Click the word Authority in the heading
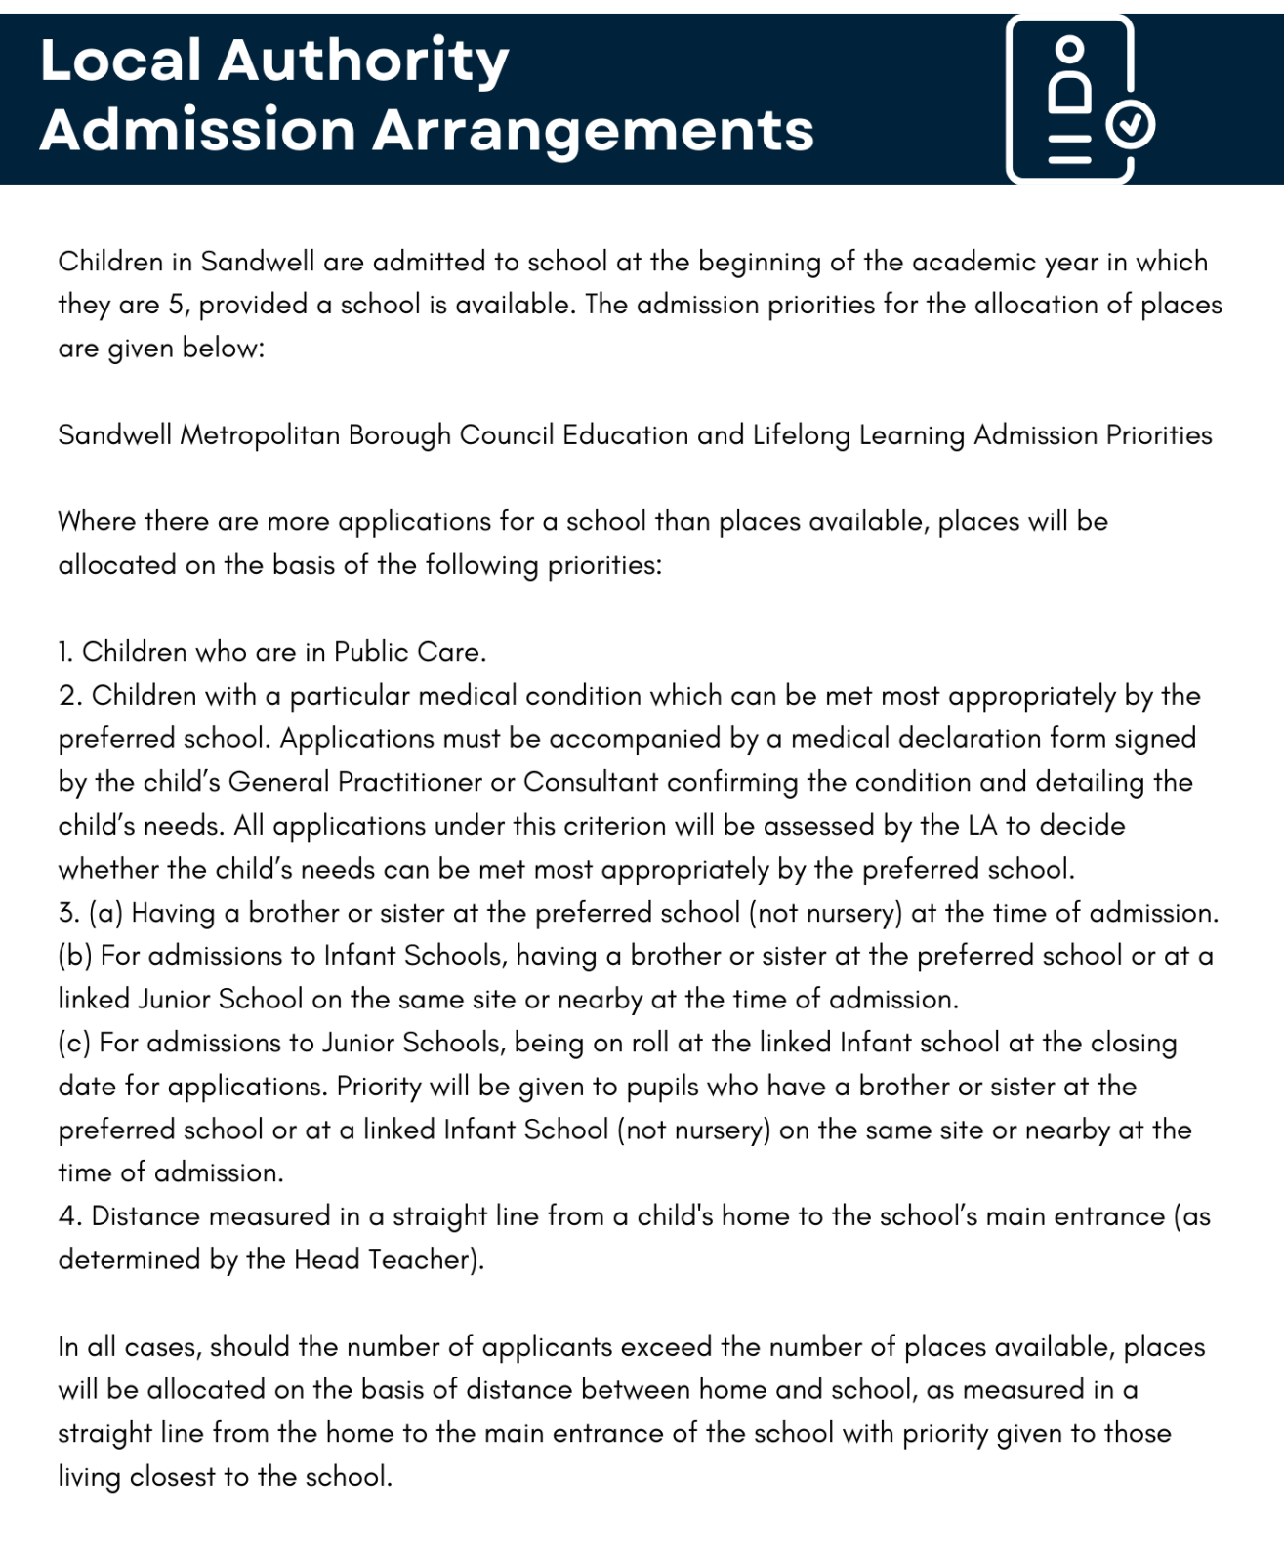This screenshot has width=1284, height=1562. coord(363,61)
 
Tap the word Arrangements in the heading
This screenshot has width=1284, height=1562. coord(594,130)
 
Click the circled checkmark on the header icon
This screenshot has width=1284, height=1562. coord(1131,125)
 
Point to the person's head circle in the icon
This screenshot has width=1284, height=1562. coord(1070,48)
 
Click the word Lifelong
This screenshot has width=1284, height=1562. coord(801,435)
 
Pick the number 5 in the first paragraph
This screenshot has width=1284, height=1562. coord(176,305)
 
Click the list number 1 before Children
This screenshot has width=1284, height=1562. coord(64,652)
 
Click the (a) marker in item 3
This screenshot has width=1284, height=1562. coord(105,913)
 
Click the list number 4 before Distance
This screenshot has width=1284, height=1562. coord(69,1216)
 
